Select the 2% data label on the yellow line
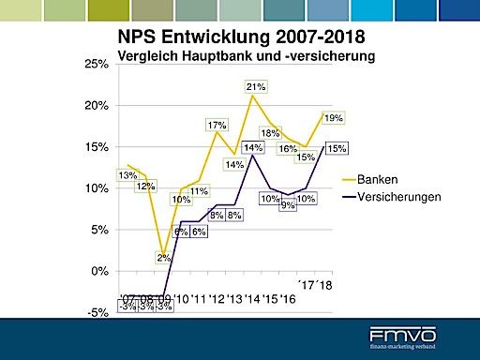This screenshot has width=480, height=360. coord(163,258)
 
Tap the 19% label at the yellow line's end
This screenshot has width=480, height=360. coord(333,118)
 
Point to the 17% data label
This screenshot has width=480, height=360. coord(217,125)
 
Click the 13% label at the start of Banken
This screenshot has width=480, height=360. coord(127,175)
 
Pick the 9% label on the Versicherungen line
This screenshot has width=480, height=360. coord(288,205)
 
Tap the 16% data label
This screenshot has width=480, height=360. coord(288,149)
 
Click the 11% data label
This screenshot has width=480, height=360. coord(198,191)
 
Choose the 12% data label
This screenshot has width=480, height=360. coord(145,186)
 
